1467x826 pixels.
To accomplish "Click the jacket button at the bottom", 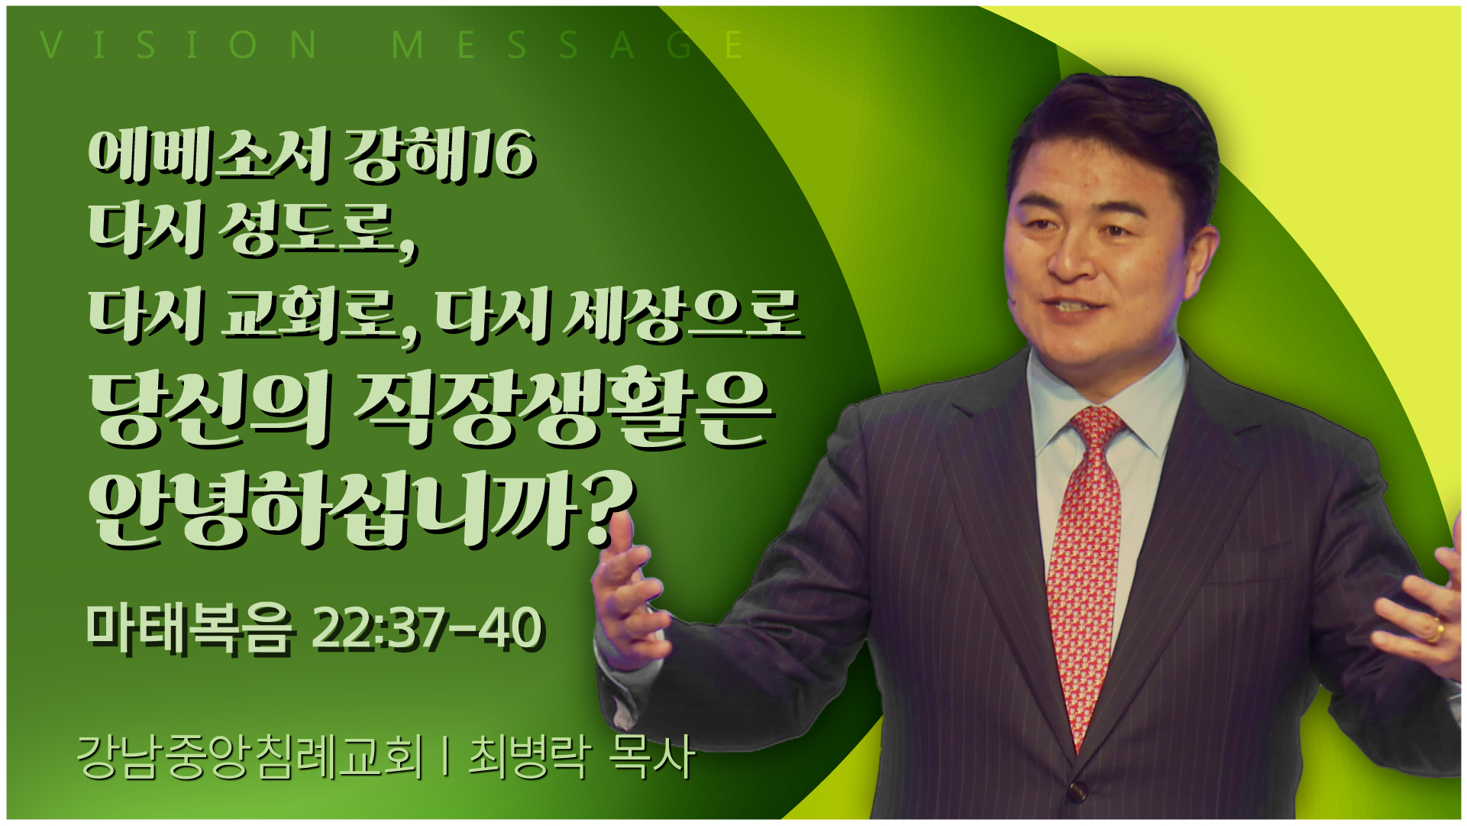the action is [x=1078, y=791].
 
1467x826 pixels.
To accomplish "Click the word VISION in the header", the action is [x=179, y=45].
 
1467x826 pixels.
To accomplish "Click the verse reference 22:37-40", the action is [x=428, y=630].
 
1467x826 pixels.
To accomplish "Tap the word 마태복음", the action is [x=189, y=630].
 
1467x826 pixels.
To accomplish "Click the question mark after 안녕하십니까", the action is [x=611, y=507].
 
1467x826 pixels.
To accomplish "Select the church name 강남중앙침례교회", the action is [x=250, y=757].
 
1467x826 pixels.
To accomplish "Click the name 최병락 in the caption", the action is [x=528, y=757].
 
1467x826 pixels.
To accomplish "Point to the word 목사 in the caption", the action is [x=651, y=757].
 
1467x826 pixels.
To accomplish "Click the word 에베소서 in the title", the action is [x=208, y=155].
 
